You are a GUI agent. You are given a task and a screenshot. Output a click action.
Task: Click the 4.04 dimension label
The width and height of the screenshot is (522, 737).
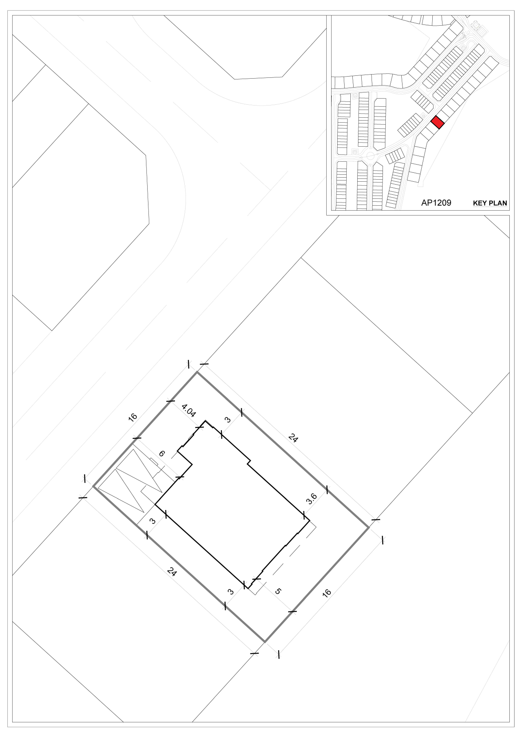click(x=189, y=411)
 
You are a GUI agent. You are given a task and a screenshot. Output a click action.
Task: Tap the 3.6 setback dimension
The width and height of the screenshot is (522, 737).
click(x=312, y=499)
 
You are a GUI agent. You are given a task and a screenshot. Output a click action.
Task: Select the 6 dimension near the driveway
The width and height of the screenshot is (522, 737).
click(x=162, y=453)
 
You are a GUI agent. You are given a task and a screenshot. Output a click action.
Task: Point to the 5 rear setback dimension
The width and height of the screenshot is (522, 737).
click(x=278, y=591)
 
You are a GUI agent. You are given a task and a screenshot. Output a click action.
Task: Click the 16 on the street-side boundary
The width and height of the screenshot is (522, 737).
click(x=133, y=417)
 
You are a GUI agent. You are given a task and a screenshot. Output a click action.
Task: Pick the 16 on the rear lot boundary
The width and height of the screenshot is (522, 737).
click(x=327, y=593)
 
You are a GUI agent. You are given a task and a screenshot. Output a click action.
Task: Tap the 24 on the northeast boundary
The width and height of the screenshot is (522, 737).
click(x=293, y=438)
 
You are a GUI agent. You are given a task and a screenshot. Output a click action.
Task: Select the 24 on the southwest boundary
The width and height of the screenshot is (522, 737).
click(x=172, y=572)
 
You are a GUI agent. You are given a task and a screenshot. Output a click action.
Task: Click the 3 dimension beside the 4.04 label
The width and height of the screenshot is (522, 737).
click(x=228, y=420)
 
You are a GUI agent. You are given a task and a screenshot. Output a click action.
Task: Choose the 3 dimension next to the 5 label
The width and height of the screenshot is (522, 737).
click(x=231, y=591)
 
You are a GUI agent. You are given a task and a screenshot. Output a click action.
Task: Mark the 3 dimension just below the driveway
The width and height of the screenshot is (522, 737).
click(x=153, y=521)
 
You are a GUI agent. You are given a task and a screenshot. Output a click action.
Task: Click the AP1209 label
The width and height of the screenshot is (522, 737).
click(x=436, y=202)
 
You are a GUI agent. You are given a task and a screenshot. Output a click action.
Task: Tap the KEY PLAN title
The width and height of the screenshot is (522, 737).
click(x=490, y=203)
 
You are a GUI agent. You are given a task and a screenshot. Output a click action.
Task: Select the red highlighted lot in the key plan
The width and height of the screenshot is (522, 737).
click(x=438, y=122)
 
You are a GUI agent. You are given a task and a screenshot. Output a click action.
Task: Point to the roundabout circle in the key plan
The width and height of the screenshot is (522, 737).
click(x=370, y=156)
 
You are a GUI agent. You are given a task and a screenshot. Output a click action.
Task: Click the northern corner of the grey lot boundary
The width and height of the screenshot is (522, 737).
click(x=197, y=372)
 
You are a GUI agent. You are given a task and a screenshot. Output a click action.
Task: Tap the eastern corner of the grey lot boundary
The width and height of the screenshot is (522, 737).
click(x=369, y=528)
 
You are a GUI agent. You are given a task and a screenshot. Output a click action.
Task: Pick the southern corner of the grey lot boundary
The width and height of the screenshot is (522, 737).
click(x=265, y=642)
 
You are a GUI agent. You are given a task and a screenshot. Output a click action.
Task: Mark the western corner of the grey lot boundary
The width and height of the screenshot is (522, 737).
click(x=93, y=486)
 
